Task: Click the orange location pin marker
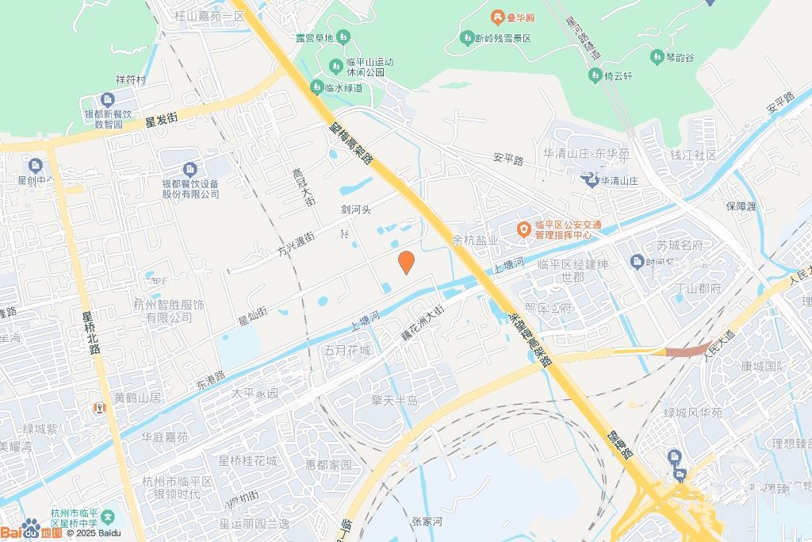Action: click(405, 262)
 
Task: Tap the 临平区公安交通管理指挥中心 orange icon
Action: click(524, 230)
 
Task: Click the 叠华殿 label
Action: click(520, 17)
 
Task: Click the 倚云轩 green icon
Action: click(595, 76)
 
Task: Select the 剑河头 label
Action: click(356, 210)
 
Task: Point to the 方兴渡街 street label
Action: click(295, 244)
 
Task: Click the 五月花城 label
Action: click(347, 350)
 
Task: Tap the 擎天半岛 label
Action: click(394, 400)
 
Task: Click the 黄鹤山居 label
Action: click(137, 398)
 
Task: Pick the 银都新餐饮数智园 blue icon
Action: click(108, 100)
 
